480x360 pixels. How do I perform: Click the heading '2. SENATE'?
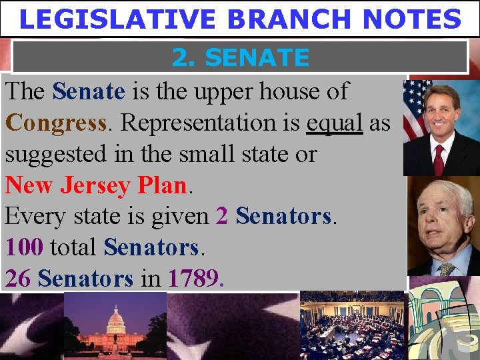[240, 58]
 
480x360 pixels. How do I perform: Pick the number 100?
[25, 247]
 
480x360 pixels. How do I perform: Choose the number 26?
[18, 278]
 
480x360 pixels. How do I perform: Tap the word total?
[73, 247]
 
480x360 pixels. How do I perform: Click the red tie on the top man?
[438, 159]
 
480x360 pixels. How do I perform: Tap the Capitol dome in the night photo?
[116, 323]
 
